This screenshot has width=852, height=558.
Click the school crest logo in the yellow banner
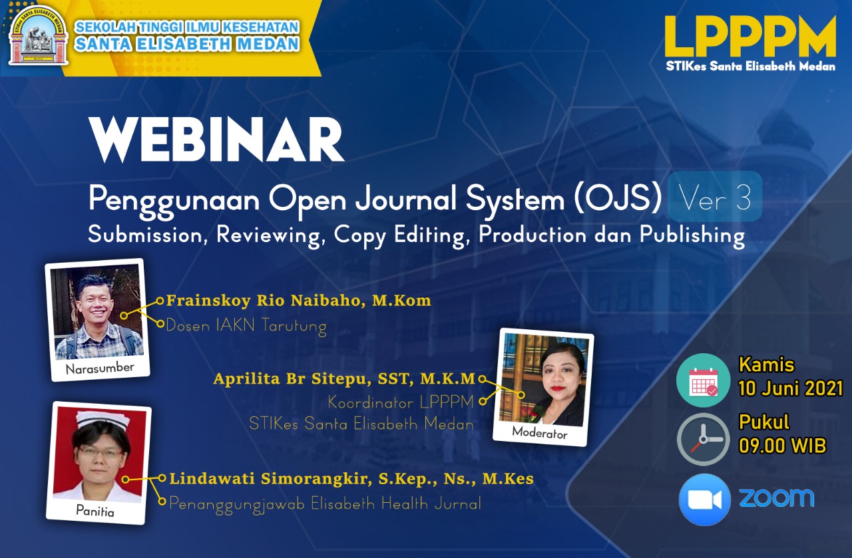coord(39,36)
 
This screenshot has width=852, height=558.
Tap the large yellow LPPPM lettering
coord(750,37)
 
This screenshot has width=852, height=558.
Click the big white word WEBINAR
coord(216,140)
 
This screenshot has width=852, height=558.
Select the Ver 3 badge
coord(715,196)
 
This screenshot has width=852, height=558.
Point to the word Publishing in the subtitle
coord(692,235)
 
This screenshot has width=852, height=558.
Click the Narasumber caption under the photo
coord(100,368)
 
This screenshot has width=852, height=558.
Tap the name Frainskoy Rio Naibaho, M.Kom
coord(299,301)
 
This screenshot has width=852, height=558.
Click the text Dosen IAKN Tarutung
coord(246,326)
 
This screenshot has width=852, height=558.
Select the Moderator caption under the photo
coord(540,432)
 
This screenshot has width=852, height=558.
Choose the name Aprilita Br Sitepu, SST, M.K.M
coord(344,378)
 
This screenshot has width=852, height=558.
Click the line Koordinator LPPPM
coord(401,402)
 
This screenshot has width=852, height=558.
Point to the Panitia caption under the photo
coord(95,510)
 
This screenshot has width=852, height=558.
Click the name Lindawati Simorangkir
coord(270,479)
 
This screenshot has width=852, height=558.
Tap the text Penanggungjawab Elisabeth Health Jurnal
coord(325,504)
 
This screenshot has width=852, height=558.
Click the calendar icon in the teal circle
coord(704,380)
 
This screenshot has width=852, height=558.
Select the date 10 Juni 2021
coord(790,388)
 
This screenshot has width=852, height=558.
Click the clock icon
coord(704,440)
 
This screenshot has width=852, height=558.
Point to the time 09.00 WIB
coord(782,446)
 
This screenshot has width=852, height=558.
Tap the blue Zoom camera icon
coord(704,499)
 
